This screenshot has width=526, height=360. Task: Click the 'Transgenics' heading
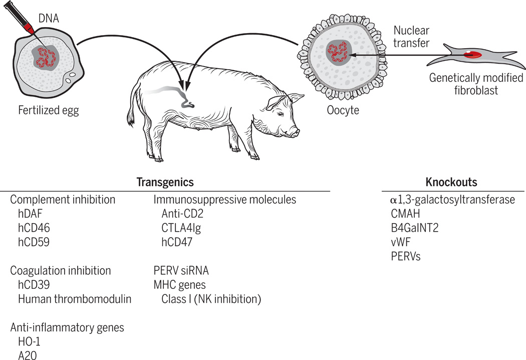click(165, 182)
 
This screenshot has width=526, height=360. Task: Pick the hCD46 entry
click(33, 228)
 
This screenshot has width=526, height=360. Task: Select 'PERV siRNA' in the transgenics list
click(181, 271)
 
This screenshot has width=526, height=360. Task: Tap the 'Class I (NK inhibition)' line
click(211, 299)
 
